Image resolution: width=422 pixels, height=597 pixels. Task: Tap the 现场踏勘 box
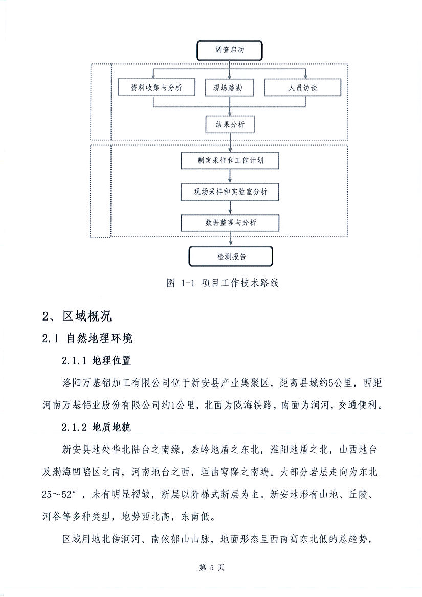230,88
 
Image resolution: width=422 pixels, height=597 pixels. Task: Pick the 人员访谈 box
302,88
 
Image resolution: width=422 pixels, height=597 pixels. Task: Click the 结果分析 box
230,124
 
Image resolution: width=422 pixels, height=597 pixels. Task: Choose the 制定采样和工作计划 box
230,160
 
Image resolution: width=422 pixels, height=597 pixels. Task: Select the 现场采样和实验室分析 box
230,191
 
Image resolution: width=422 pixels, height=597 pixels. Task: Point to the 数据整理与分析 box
230,222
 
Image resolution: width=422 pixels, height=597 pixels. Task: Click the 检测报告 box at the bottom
230,257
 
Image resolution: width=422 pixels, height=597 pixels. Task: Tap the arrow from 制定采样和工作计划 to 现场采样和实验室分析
230,176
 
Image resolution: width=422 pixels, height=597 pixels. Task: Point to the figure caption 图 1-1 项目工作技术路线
223,283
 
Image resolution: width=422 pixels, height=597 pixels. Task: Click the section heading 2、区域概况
77,316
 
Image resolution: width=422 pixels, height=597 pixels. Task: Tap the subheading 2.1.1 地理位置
97,360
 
